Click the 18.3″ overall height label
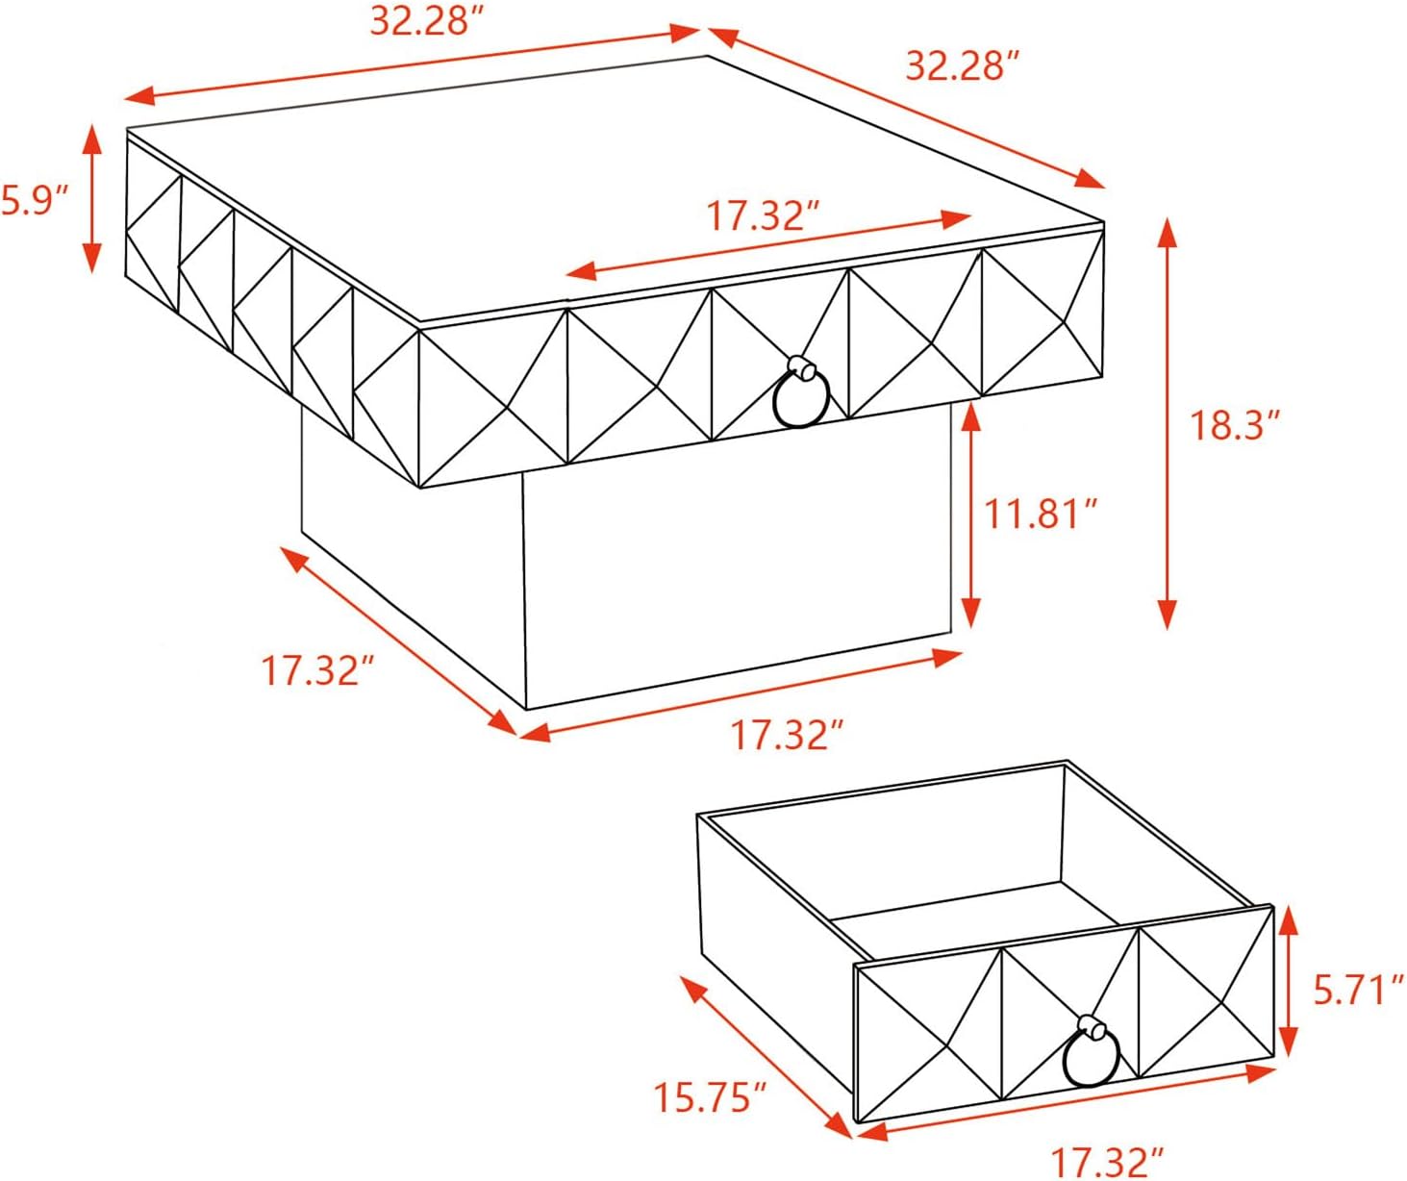coord(1235,425)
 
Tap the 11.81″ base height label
coord(1043,515)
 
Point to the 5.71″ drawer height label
coord(1358,990)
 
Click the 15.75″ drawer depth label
coord(712,1096)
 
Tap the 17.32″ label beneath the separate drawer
coord(1108,1161)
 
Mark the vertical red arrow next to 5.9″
coord(92,198)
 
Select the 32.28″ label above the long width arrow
coord(428,21)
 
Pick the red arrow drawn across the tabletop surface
coord(768,245)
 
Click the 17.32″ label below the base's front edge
coord(787,735)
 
